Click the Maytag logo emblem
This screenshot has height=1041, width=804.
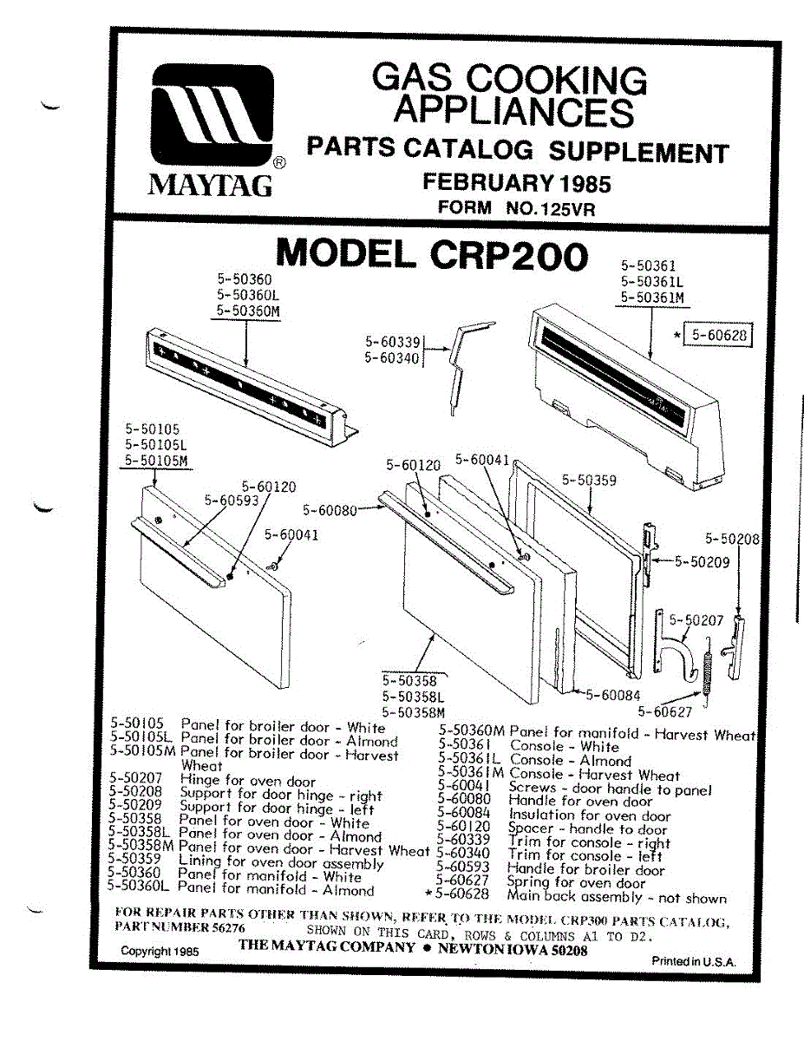[x=213, y=118]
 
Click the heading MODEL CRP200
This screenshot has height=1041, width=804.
[x=431, y=254]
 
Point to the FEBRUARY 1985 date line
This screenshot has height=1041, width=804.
[x=516, y=183]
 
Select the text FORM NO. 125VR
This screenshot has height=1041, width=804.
[x=517, y=208]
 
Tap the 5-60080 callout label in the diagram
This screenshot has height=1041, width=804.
[x=330, y=510]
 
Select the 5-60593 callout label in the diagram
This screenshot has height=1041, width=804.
[x=232, y=499]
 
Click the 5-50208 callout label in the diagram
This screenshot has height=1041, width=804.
[x=732, y=539]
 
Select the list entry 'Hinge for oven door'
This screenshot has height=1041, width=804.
[x=247, y=781]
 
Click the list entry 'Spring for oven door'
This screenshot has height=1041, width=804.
[x=577, y=883]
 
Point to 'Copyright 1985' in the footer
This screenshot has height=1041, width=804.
[x=160, y=951]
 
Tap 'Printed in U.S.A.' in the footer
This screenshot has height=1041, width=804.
[x=693, y=961]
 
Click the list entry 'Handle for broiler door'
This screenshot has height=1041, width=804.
[x=585, y=869]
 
